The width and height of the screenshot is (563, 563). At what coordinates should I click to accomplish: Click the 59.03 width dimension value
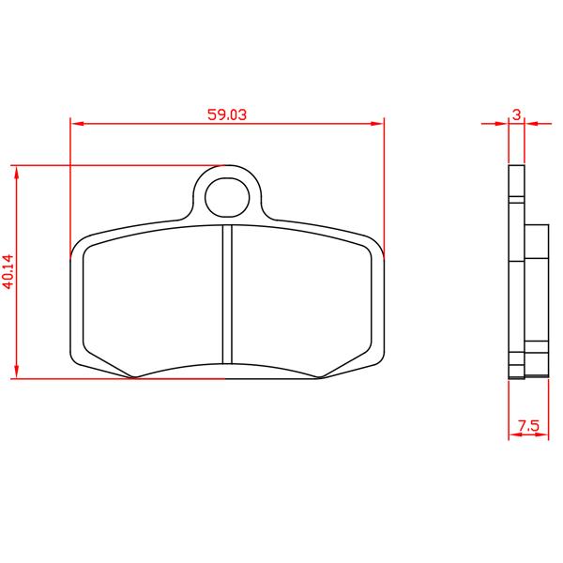pyautogui.click(x=227, y=114)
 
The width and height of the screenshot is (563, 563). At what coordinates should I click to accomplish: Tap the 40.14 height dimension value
pyautogui.click(x=8, y=271)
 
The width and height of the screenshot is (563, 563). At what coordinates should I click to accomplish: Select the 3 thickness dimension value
pyautogui.click(x=516, y=114)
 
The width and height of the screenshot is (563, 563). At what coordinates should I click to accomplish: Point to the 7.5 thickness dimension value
pyautogui.click(x=529, y=426)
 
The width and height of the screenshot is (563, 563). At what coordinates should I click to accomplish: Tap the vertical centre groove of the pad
pyautogui.click(x=227, y=295)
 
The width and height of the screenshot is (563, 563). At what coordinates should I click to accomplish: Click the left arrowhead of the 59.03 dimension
pyautogui.click(x=78, y=124)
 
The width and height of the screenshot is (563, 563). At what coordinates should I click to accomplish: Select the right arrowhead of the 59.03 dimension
pyautogui.click(x=377, y=124)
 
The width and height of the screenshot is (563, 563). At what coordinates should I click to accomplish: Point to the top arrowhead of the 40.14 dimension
pyautogui.click(x=16, y=173)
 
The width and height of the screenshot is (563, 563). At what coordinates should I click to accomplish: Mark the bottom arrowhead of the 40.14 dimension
pyautogui.click(x=16, y=372)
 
